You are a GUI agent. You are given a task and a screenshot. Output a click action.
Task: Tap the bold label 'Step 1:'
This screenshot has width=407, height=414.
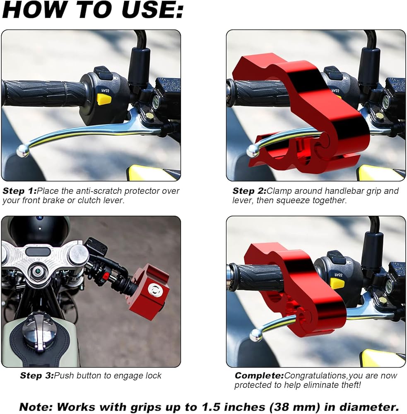[19, 191]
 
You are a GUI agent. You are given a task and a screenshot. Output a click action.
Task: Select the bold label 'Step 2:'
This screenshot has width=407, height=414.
[249, 191]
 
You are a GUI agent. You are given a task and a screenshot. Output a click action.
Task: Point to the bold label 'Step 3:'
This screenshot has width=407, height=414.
[37, 376]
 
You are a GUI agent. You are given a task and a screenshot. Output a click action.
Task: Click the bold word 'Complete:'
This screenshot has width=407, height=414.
[259, 376]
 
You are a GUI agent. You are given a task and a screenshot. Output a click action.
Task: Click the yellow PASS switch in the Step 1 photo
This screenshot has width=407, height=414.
[104, 99]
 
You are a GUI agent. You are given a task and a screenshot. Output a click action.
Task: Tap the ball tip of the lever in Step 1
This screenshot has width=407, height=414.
[23, 151]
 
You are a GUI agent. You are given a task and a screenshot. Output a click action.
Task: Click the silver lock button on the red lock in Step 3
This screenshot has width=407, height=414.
[156, 290]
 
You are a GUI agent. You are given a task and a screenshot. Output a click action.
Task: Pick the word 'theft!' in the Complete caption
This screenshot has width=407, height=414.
[349, 385]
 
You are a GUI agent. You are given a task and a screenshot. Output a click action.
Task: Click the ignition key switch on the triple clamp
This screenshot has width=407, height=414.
[38, 271]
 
